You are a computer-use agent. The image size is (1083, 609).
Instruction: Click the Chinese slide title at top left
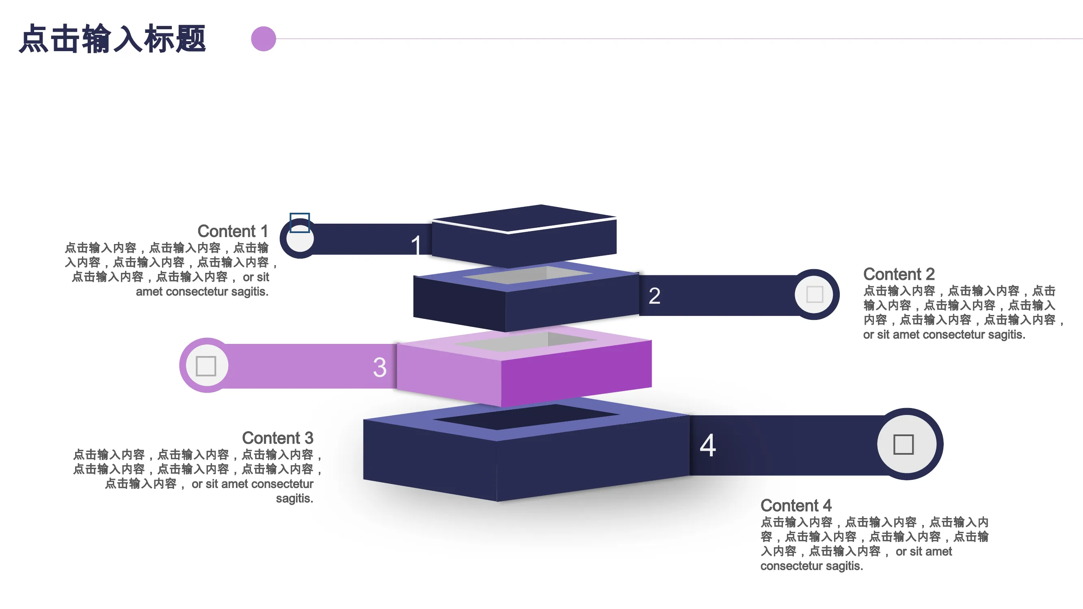pos(112,39)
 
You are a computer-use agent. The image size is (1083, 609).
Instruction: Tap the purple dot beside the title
pos(264,39)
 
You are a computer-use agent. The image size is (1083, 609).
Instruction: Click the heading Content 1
pos(233,231)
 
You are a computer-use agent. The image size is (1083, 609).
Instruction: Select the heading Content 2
pos(899,274)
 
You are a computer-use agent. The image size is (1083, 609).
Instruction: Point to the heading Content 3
pos(277,438)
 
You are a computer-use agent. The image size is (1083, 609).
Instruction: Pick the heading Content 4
pos(796,505)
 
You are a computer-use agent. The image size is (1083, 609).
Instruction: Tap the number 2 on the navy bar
pos(654,296)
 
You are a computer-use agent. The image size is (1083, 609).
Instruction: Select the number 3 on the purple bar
pos(380,367)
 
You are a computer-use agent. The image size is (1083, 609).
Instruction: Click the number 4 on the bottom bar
pos(707,445)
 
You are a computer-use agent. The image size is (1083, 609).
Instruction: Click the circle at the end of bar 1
pos(300,238)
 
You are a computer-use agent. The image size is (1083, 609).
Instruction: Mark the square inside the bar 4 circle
pos(904,444)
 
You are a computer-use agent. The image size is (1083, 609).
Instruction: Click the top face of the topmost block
pos(525,218)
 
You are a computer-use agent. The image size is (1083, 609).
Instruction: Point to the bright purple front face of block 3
pos(576,373)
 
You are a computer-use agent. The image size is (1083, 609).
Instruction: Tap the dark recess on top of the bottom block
pos(527,417)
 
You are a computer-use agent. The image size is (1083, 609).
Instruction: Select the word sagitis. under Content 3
pos(295,499)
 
